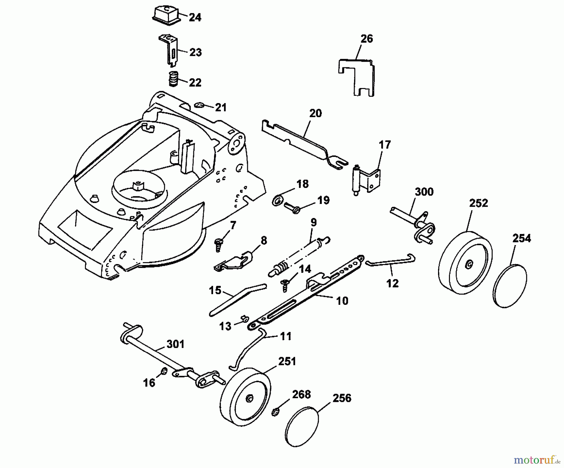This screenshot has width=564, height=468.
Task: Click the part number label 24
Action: coord(195,17)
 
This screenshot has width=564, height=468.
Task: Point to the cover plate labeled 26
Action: coord(357,77)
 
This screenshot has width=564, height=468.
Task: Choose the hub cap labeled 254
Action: coord(510,286)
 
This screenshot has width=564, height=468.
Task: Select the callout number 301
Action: coord(175,344)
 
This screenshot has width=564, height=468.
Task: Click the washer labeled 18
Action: coord(277,200)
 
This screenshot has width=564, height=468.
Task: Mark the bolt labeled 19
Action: coord(292,208)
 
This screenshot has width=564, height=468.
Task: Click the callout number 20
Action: coord(315,113)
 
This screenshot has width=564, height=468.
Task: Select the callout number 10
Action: coord(342,301)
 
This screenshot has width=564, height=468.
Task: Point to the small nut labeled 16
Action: coord(164,372)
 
